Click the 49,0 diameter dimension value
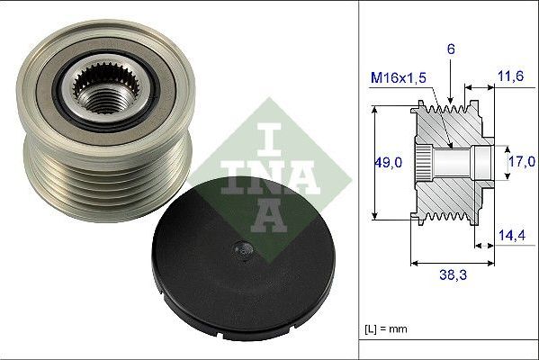coord(389,162)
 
